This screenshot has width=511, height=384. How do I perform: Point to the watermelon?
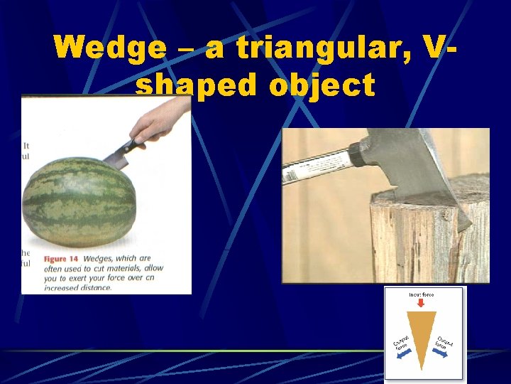79,203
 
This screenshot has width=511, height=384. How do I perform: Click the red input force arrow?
421,303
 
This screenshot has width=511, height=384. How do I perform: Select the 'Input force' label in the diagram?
421,294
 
